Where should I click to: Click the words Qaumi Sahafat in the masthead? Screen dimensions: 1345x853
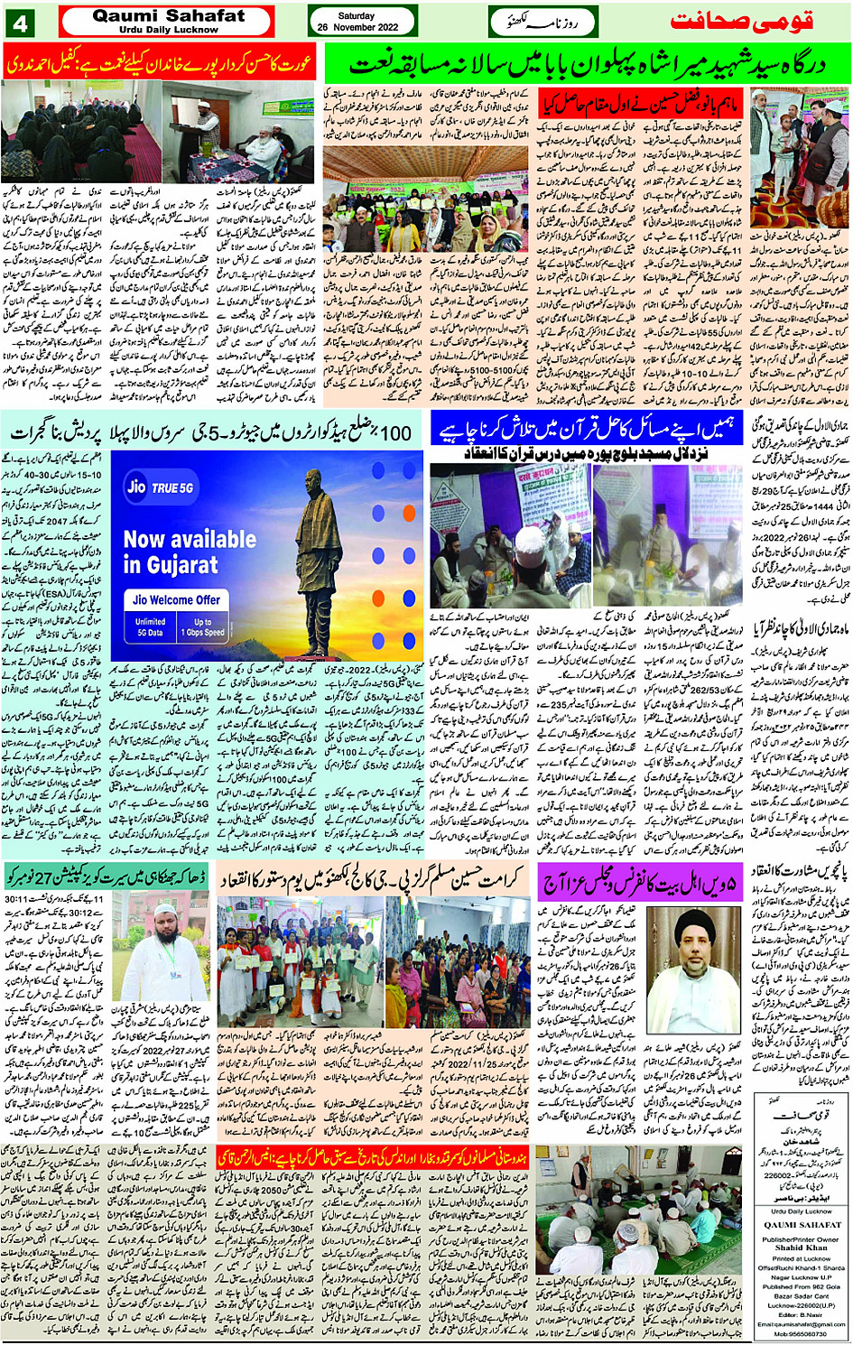coord(168,15)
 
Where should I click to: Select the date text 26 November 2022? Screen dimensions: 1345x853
coord(357,28)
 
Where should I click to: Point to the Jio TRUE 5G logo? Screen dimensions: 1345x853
coord(161,487)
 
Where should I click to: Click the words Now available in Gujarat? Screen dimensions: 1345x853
coord(190,552)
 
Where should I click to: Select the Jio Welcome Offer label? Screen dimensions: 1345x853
coord(176,599)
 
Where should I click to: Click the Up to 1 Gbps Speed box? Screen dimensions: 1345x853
coord(202,626)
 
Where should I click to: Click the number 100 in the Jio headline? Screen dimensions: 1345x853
coord(395,432)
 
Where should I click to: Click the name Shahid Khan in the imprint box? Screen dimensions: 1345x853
coord(802,1248)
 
